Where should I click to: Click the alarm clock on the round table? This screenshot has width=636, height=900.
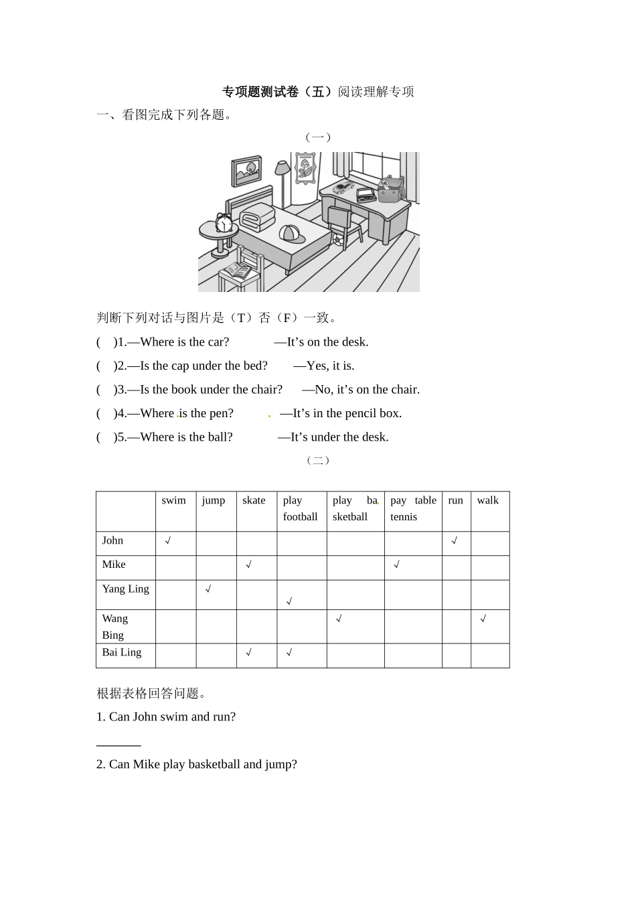pos(224,223)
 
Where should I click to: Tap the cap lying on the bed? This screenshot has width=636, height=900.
pos(291,234)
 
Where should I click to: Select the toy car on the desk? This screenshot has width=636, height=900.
pos(343,187)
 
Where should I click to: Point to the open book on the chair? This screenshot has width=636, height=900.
pos(237,271)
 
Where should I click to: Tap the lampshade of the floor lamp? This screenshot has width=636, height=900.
pos(283,167)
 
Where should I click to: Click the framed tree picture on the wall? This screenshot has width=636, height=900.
pos(246,171)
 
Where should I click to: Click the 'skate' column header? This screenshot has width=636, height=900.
pos(254,500)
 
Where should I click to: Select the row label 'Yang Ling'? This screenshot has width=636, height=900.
pos(125,589)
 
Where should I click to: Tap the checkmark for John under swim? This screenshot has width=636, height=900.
pos(168,540)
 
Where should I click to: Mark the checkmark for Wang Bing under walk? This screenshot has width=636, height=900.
pos(483,619)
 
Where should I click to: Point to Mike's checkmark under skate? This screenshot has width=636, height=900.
pos(248,565)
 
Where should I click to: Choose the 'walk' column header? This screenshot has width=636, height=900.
pos(487,500)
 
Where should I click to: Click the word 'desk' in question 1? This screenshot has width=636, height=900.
pos(355,342)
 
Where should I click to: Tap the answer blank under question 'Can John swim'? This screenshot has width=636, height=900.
pos(118,744)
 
